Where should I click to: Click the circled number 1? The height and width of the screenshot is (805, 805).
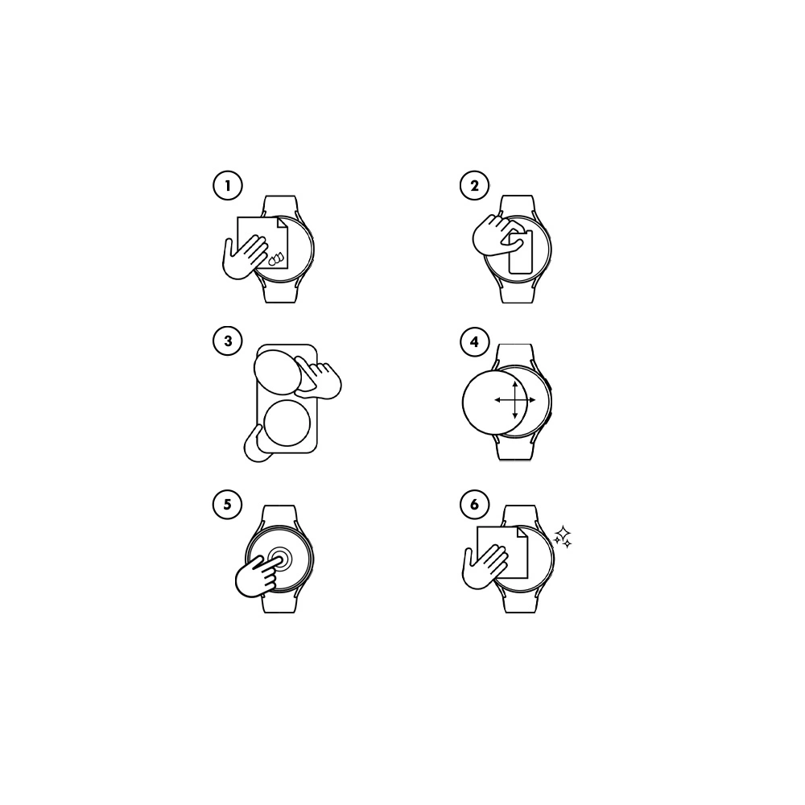click(x=228, y=185)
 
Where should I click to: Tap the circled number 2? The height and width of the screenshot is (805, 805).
click(x=474, y=185)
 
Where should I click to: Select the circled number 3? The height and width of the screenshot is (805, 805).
click(x=228, y=341)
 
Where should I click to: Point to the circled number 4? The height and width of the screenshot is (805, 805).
click(x=474, y=341)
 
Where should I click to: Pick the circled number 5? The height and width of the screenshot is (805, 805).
click(x=227, y=504)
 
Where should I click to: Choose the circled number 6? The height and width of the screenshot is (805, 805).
click(x=474, y=504)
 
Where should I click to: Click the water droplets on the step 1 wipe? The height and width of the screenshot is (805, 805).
click(x=276, y=258)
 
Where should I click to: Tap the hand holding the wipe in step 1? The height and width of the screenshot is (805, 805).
click(x=243, y=258)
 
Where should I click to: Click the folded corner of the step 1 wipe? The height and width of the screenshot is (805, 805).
click(x=282, y=223)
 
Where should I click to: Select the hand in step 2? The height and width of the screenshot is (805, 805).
click(x=494, y=237)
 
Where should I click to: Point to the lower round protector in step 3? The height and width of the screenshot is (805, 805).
click(x=287, y=423)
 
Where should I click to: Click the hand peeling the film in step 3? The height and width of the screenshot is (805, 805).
click(x=318, y=379)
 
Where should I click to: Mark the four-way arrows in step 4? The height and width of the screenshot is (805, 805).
click(x=515, y=399)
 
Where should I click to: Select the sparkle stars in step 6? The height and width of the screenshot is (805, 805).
click(x=563, y=537)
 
